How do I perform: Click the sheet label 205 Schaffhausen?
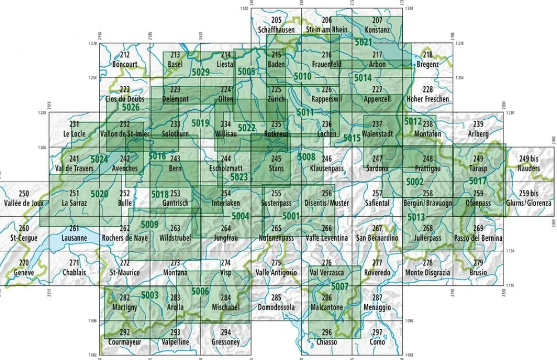[x=276, y=25]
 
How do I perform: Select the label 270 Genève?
[x=23, y=268]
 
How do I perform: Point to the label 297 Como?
[x=377, y=338]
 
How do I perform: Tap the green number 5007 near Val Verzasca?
[x=340, y=286]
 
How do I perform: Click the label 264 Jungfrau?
[x=225, y=233]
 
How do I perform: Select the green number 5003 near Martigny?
[x=150, y=295]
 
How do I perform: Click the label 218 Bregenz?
[x=427, y=60]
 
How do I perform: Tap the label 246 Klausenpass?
[x=326, y=163]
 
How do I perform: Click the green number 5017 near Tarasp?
[x=477, y=181]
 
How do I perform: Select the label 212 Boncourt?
[x=124, y=60]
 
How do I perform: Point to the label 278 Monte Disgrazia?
[x=427, y=268]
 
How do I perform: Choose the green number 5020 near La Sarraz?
[x=100, y=193]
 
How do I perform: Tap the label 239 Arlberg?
[x=478, y=129]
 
